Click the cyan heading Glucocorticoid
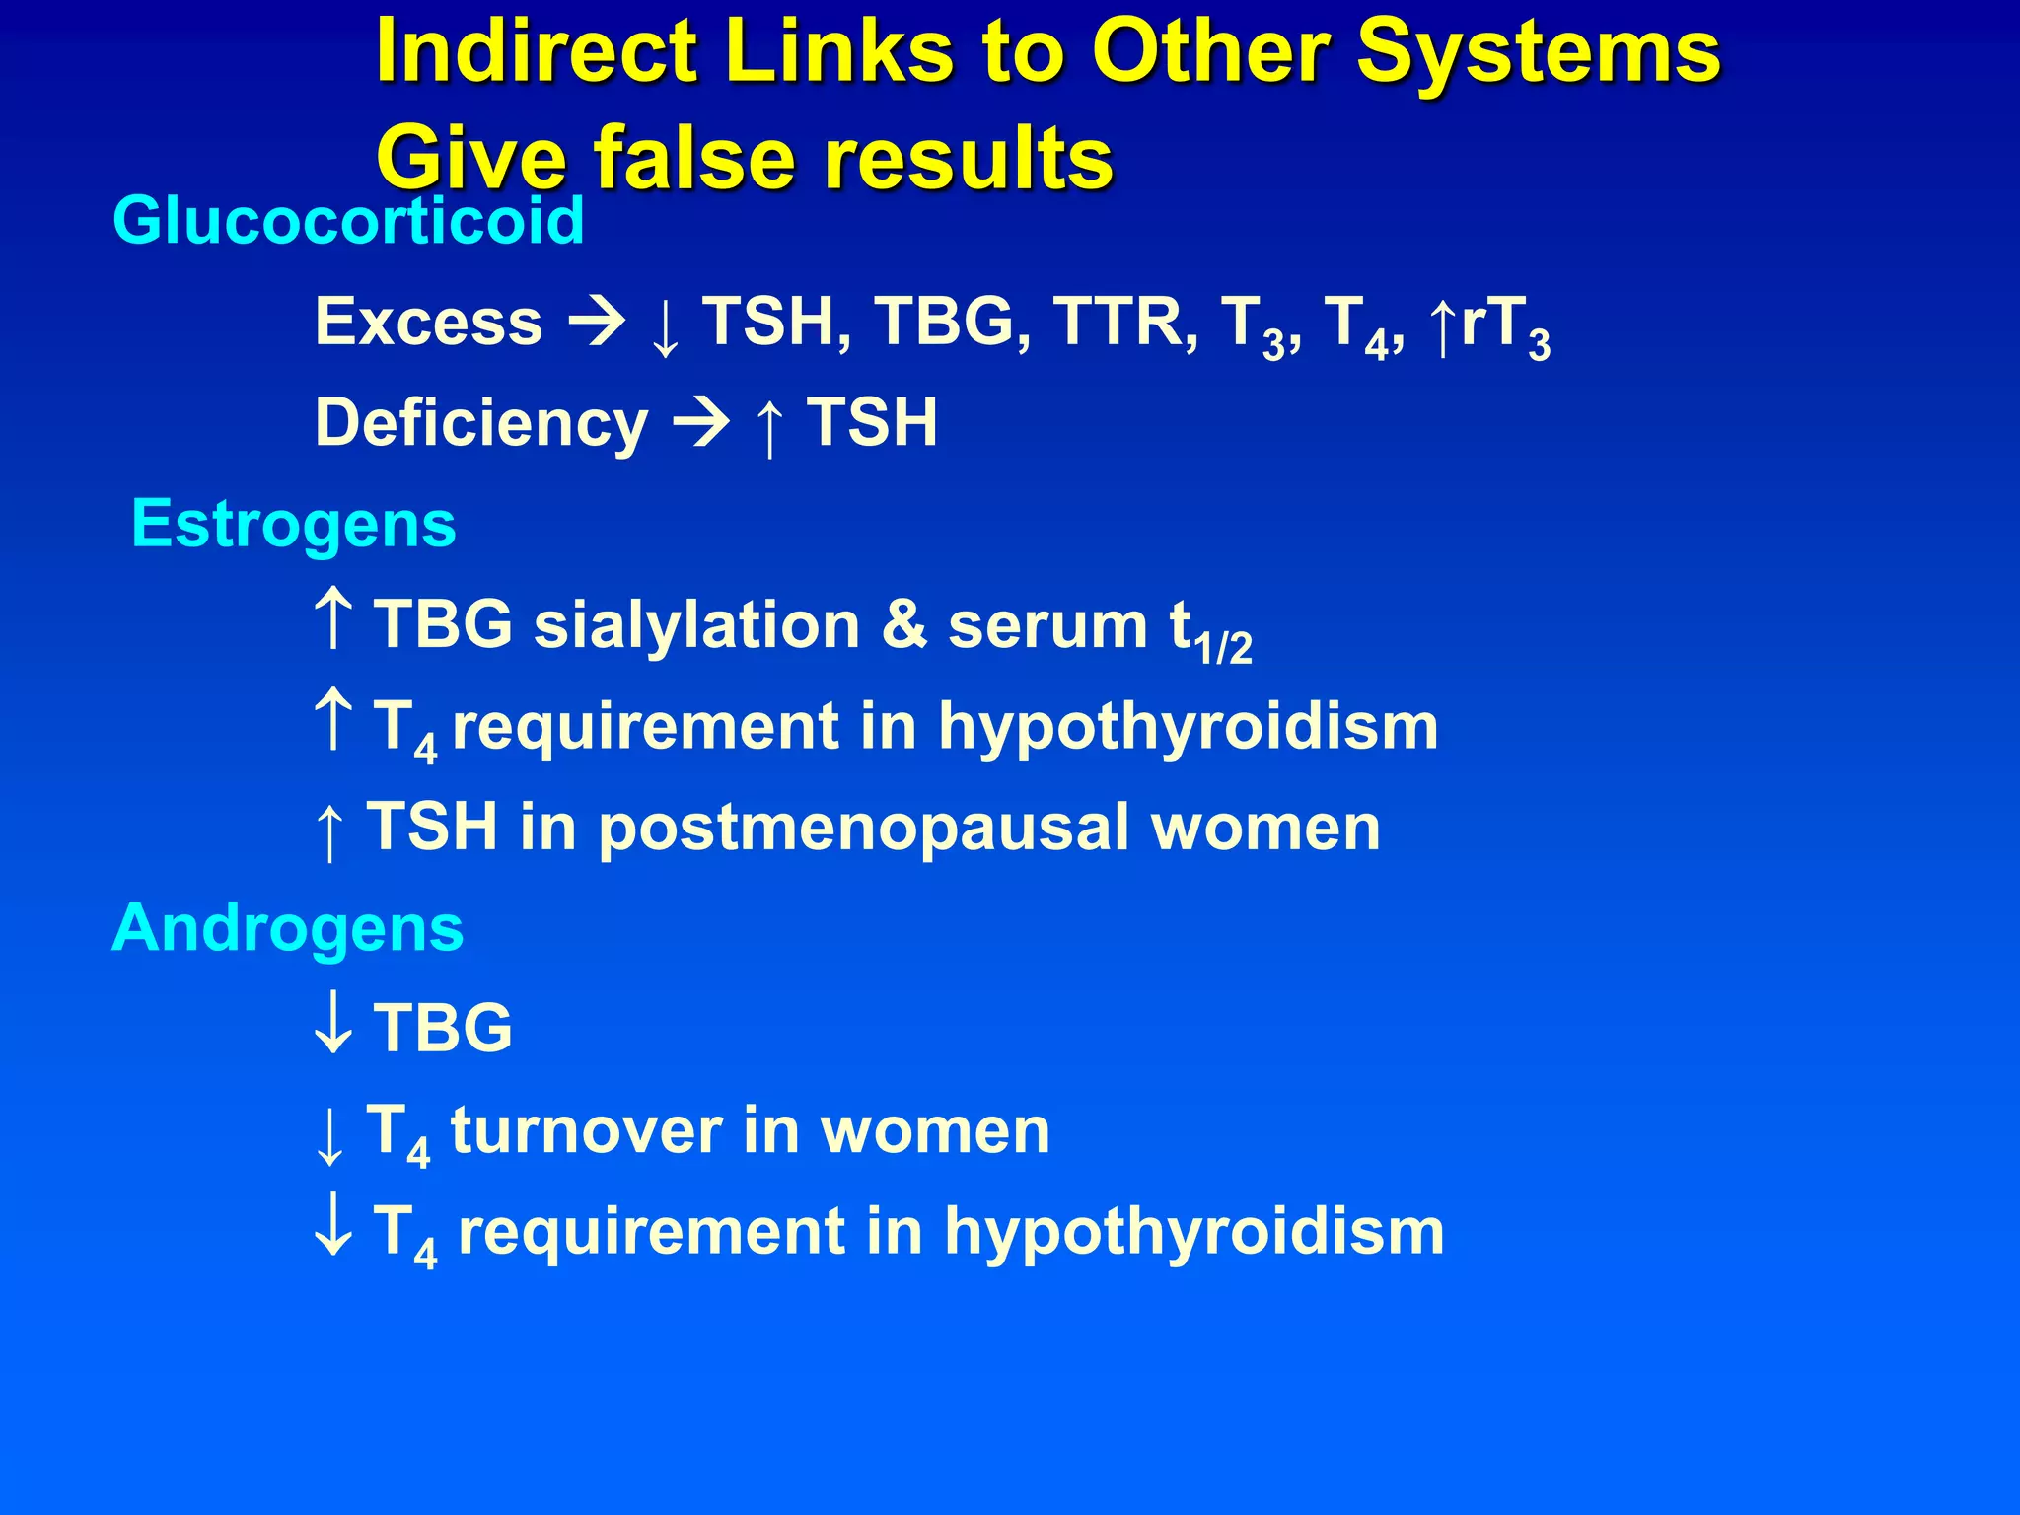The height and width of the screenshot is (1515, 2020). [348, 220]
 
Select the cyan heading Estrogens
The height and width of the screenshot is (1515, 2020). [293, 524]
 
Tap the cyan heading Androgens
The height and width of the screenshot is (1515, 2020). [287, 928]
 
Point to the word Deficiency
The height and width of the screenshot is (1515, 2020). [481, 423]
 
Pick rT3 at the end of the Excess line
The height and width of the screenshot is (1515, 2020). [1504, 325]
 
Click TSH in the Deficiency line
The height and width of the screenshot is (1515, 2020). [872, 423]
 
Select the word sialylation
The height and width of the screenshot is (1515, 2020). [697, 625]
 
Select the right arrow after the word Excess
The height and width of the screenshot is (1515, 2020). [596, 323]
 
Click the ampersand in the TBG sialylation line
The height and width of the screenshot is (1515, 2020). [904, 625]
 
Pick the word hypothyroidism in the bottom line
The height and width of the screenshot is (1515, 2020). [1193, 1231]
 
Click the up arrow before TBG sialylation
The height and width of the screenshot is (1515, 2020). [332, 617]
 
